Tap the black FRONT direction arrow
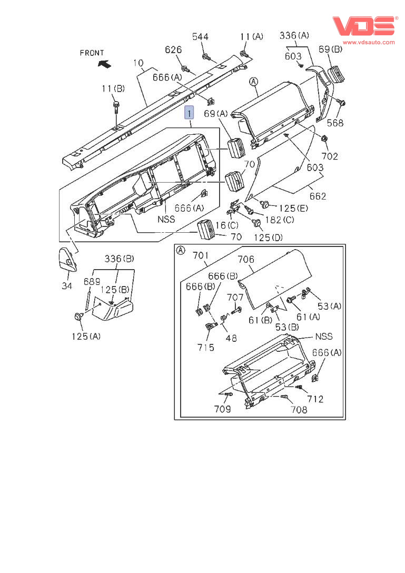pyautogui.click(x=104, y=64)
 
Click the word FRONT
pyautogui.click(x=92, y=53)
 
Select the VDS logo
pyautogui.click(x=363, y=25)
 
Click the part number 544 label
pyautogui.click(x=200, y=36)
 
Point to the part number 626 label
pyautogui.click(x=173, y=50)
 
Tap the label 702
pyautogui.click(x=330, y=156)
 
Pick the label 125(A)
pyautogui.click(x=86, y=336)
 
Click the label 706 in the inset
pyautogui.click(x=246, y=259)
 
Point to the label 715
pyautogui.click(x=206, y=347)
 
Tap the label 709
pyautogui.click(x=222, y=408)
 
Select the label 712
pyautogui.click(x=315, y=399)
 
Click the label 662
pyautogui.click(x=318, y=196)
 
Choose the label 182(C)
pyautogui.click(x=279, y=220)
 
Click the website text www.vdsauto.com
pyautogui.click(x=369, y=42)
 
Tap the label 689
pyautogui.click(x=92, y=282)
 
